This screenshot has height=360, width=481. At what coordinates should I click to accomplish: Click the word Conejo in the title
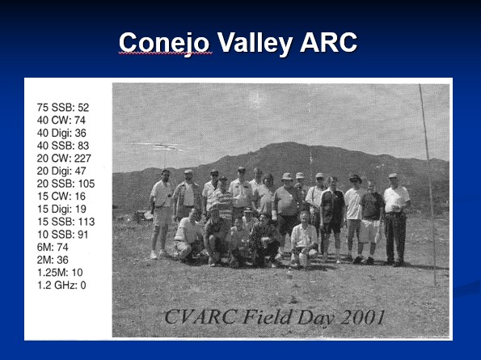pos(164,43)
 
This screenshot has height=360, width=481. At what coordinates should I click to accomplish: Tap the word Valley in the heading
pos(255,43)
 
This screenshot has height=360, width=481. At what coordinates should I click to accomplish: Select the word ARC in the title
pos(328,42)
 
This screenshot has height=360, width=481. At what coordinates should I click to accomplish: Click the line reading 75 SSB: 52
pos(63,108)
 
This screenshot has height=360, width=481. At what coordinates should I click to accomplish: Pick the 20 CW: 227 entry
pos(64,158)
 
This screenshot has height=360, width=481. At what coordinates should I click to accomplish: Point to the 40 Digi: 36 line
pos(61,133)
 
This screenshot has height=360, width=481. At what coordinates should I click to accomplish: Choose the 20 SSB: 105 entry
pos(65,184)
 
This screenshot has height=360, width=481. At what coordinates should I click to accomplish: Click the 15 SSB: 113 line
pos(65,222)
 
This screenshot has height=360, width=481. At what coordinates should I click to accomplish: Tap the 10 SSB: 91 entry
pos(62,235)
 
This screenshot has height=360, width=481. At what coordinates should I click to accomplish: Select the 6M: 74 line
pos(53,247)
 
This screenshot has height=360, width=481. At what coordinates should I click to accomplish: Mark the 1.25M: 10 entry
pos(60,273)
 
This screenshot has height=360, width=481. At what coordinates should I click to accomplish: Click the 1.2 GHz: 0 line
pos(61,285)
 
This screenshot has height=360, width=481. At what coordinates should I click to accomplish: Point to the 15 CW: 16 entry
pos(61,196)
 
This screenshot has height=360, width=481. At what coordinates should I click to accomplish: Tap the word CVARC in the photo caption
pos(200,317)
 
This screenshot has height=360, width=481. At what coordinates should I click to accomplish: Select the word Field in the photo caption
pos(266,317)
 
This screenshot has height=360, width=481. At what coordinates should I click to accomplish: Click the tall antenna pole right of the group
pos(428,184)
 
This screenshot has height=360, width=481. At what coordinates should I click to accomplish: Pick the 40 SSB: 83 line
pos(63,146)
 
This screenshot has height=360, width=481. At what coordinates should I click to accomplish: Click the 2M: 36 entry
pos(53,260)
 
